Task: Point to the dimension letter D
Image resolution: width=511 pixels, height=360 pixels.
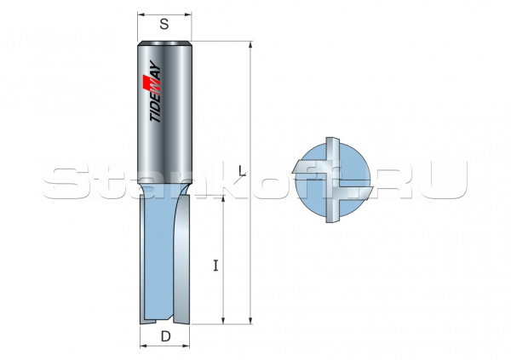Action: point(164,337)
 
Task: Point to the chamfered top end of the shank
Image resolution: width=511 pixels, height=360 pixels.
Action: point(164,43)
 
